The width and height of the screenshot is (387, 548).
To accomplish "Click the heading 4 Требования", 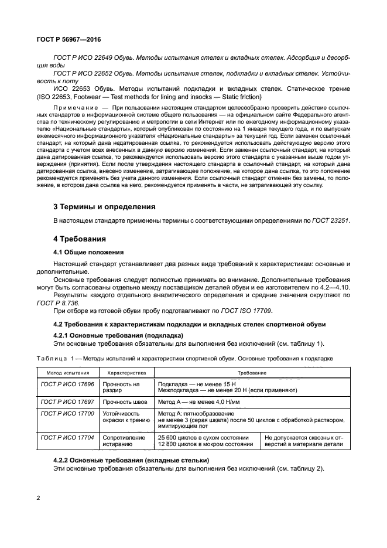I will pos(78,239).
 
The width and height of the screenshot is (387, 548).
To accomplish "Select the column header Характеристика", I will pos(126,372).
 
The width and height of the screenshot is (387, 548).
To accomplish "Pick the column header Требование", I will pos(252,372).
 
